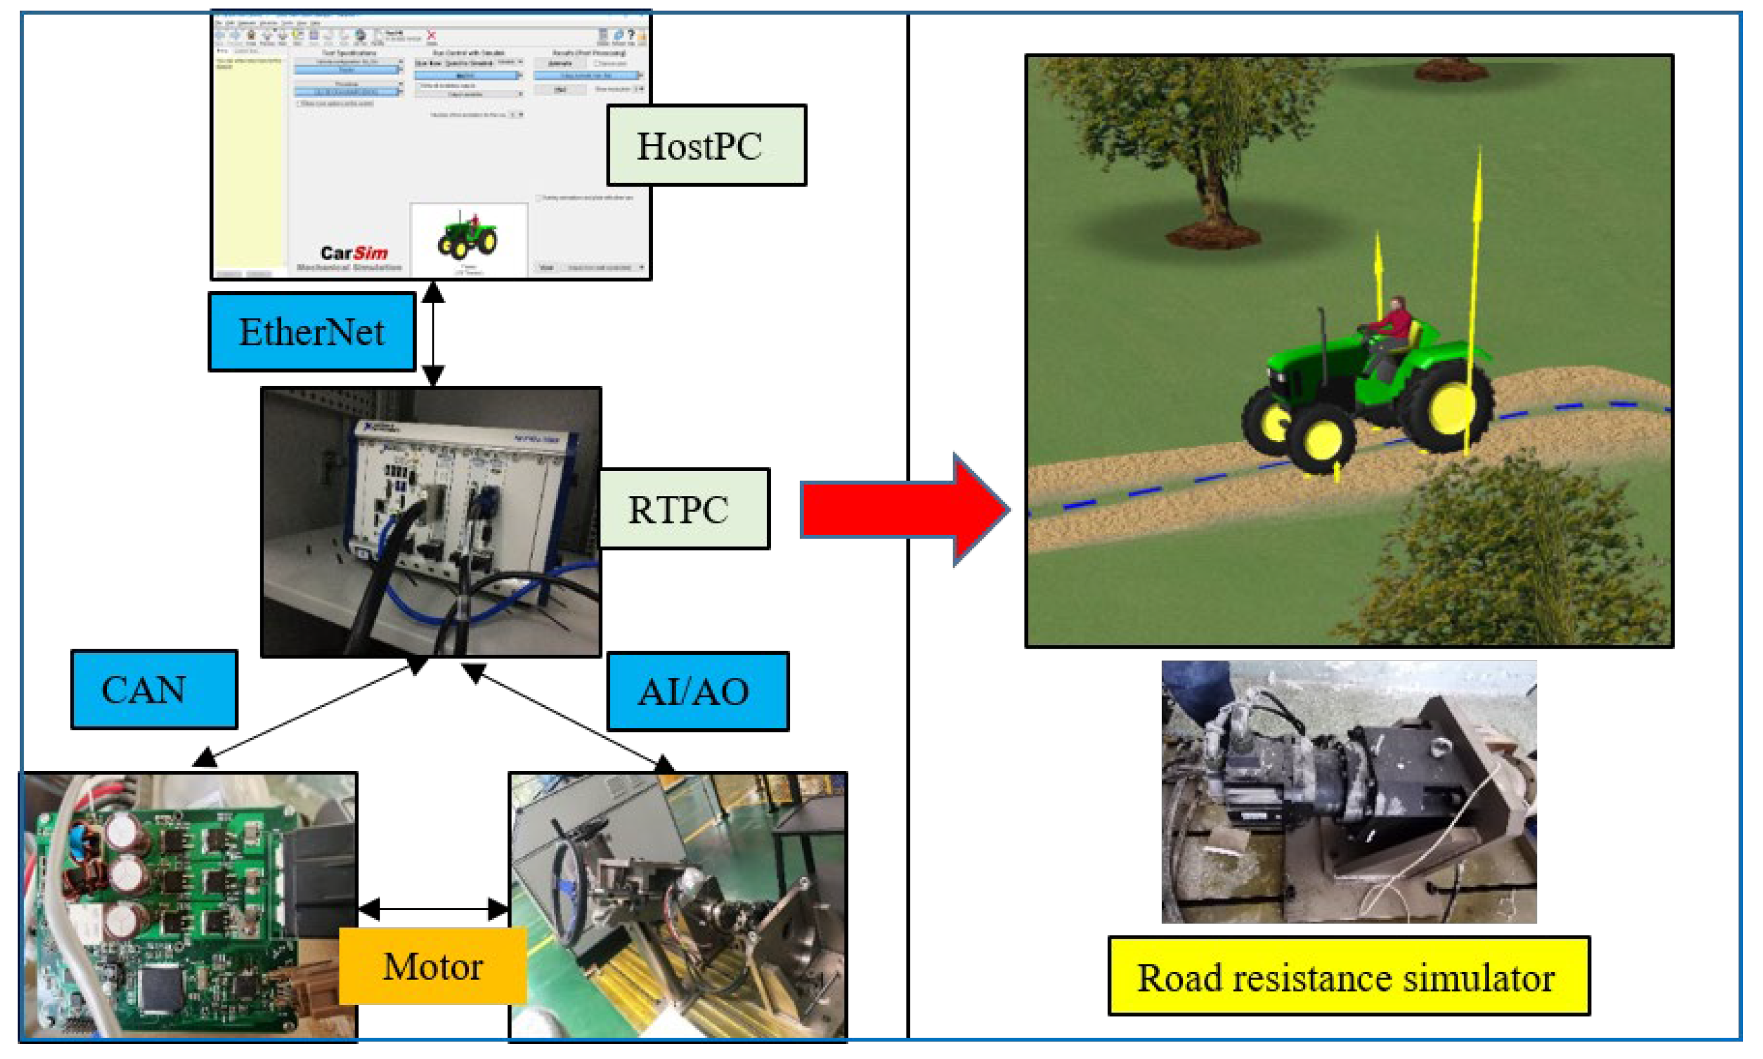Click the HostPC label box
[706, 145]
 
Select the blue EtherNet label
[312, 332]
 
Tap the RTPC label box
[683, 509]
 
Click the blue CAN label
[153, 689]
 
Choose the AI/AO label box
[698, 691]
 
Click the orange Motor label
[432, 966]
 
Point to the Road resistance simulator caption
[1348, 976]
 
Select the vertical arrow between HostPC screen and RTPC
[433, 334]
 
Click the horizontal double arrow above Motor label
[433, 909]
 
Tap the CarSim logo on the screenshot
[353, 253]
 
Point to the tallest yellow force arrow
[1476, 286]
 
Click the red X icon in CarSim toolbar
[431, 35]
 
